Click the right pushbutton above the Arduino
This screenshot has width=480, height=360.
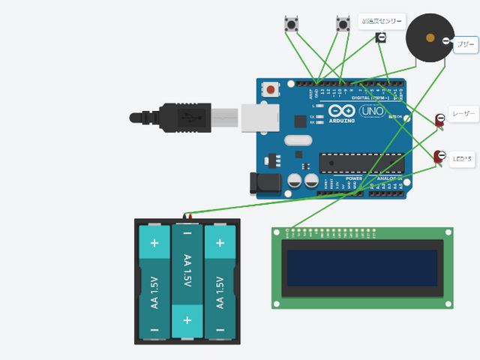tap(343, 24)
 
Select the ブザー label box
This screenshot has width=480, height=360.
tap(466, 45)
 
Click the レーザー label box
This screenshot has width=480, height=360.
tap(463, 114)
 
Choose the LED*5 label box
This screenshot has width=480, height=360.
tap(463, 158)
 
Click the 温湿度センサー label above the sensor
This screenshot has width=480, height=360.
tap(382, 21)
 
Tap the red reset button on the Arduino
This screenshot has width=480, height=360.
tap(270, 90)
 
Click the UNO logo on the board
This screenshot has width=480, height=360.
tap(372, 111)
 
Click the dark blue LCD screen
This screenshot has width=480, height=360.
tap(362, 268)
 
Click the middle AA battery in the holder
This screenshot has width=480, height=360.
tap(187, 281)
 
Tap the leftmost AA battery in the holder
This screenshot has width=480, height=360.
tap(154, 281)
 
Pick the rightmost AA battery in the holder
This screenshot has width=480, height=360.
tap(220, 281)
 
